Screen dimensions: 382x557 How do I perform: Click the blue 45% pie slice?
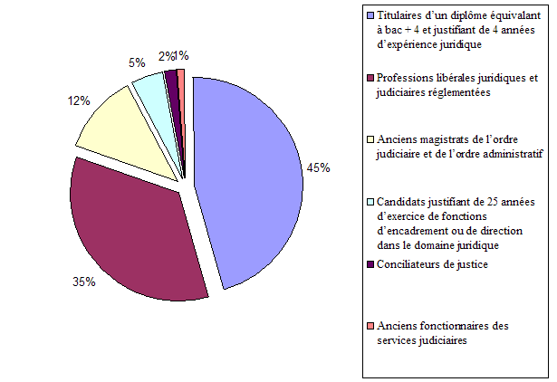point(249,181)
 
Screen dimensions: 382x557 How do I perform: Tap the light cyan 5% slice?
point(150,91)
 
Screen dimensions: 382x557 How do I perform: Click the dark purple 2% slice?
point(171,81)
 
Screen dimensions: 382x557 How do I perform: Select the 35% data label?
point(84,282)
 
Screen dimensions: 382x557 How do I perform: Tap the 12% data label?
point(79,101)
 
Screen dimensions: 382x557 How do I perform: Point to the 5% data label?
point(137,63)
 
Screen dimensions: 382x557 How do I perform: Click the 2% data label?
point(165,55)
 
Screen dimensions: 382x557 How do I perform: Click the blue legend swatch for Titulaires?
point(370,15)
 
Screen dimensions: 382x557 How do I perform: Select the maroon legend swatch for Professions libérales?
point(370,78)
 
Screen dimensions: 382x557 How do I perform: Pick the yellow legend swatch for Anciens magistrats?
point(370,139)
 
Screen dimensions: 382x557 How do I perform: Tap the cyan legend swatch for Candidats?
point(370,202)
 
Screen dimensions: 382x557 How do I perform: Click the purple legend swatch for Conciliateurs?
point(370,264)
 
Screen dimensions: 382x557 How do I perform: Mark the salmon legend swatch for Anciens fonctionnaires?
point(370,327)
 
